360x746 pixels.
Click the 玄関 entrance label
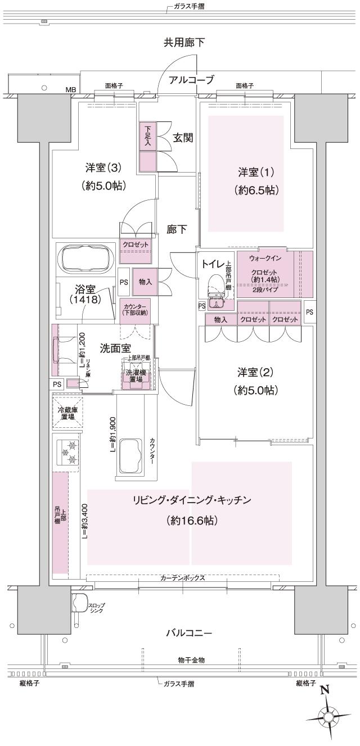click(182, 137)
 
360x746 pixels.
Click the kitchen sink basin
click(132, 456)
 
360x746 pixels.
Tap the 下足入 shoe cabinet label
click(147, 135)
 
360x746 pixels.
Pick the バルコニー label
click(188, 633)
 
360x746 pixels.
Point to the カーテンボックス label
click(182, 577)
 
